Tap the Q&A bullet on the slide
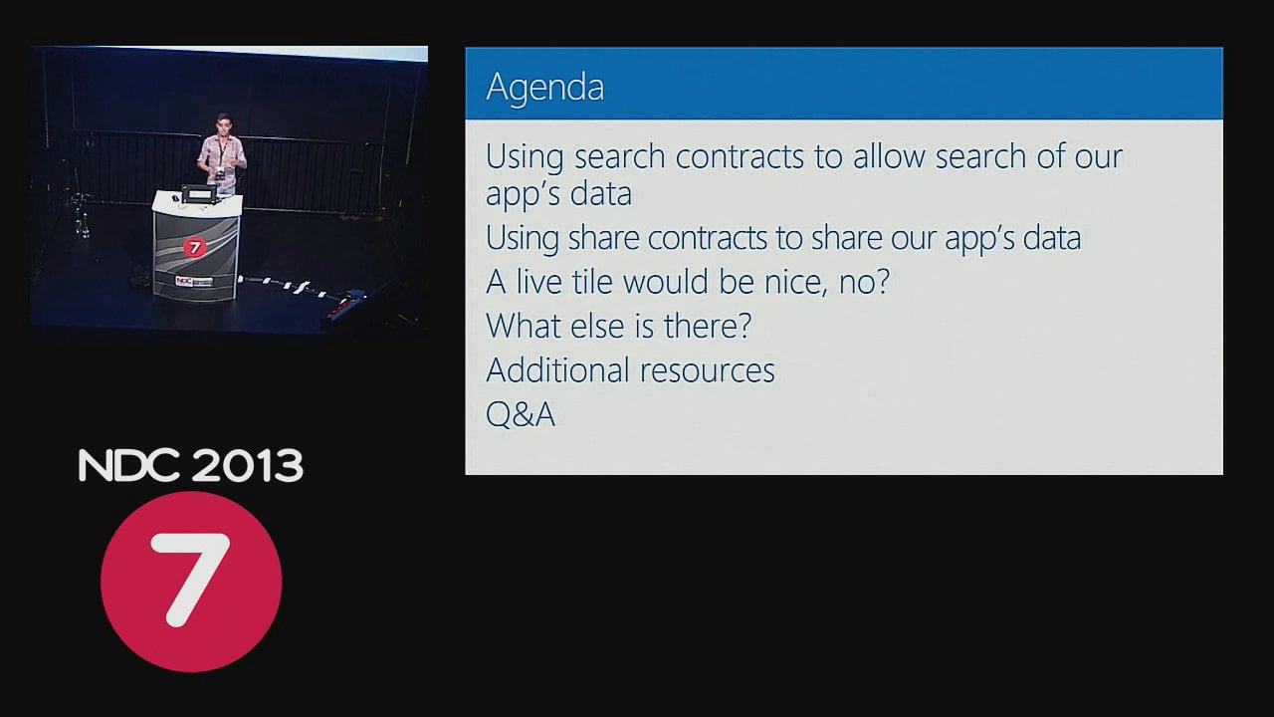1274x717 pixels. pos(520,414)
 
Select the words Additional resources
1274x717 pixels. pos(630,369)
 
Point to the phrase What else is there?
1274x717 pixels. pos(618,326)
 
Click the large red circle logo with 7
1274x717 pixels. pos(191,582)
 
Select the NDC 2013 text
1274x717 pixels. pos(190,465)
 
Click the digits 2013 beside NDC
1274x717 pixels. pos(247,465)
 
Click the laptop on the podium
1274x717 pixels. pos(198,193)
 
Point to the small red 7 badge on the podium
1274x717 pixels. pos(194,247)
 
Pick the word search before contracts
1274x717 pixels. pos(619,156)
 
